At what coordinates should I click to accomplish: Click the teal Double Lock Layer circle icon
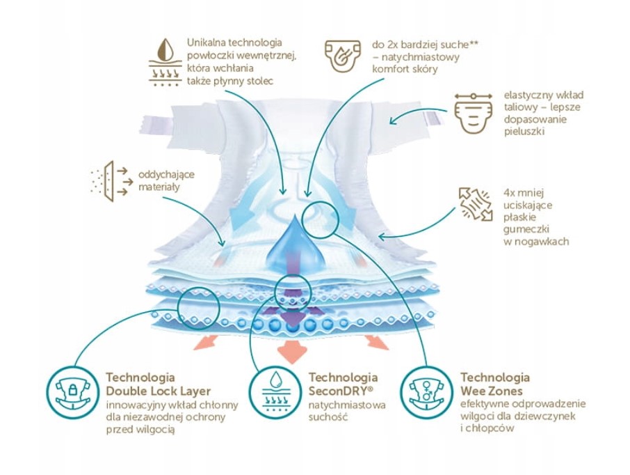point(72,393)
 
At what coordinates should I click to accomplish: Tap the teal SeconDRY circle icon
point(275,393)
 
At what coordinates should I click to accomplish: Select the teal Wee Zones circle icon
point(427,393)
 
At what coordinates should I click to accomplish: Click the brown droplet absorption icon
point(165,63)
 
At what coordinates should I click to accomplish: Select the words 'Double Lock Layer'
point(158,391)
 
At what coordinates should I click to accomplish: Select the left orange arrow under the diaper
point(209,341)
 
